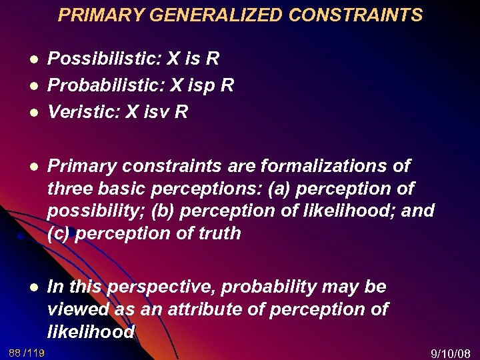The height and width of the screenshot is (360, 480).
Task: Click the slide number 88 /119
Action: tap(27, 352)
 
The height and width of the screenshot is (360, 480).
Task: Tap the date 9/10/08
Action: tap(451, 352)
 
